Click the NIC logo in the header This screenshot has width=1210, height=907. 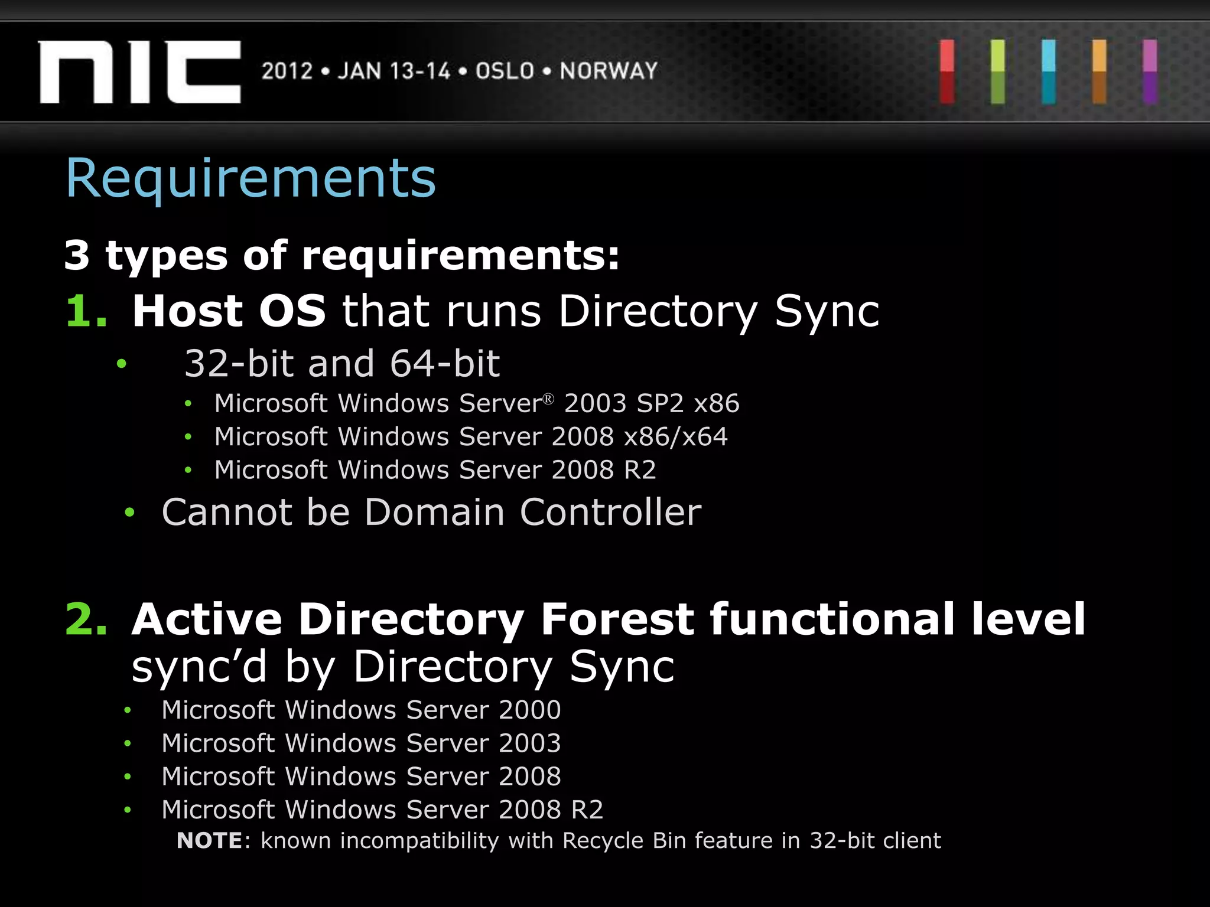139,71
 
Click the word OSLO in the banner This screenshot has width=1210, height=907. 505,71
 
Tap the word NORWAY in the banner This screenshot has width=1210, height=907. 609,71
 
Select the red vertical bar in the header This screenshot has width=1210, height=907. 947,71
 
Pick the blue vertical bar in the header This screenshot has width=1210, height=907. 1049,71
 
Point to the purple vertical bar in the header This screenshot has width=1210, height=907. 1150,71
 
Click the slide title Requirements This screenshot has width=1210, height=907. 251,178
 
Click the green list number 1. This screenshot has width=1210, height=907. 86,311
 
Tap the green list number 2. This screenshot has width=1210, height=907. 86,619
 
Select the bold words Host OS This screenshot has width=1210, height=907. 229,311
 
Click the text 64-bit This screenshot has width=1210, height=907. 444,363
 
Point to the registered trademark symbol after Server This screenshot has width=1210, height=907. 548,399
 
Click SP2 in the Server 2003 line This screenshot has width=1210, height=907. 660,404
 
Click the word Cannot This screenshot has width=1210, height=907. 226,512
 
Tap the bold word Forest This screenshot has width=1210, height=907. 617,619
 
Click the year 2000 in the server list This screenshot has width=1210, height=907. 529,710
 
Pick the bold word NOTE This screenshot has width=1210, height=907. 209,841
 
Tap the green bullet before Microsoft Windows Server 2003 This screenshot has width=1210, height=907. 127,743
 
